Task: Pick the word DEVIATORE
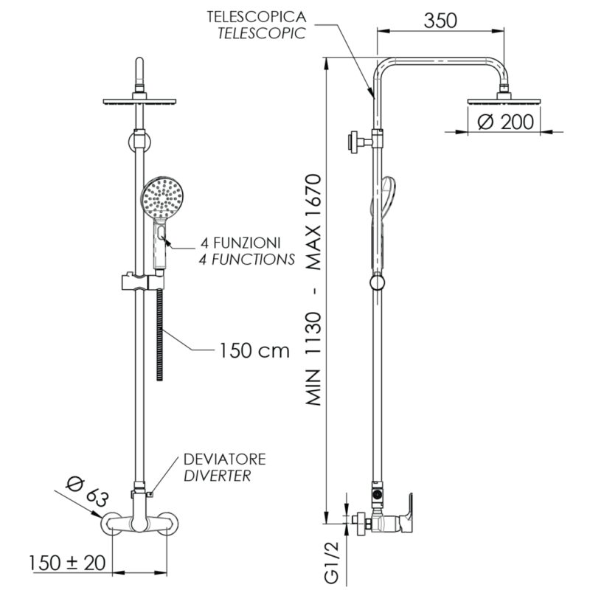point(225,459)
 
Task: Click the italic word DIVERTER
point(218,476)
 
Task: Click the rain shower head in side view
point(504,102)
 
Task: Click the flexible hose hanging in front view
point(160,339)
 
